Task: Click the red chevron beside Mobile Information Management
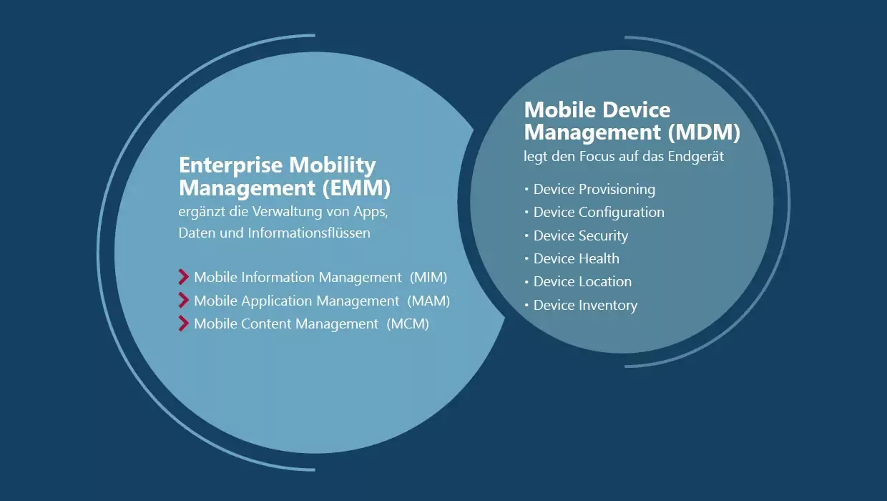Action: (184, 277)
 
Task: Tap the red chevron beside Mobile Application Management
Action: (184, 301)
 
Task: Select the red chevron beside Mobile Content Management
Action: (184, 324)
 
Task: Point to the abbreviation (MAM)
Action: (428, 301)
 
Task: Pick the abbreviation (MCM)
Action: (408, 324)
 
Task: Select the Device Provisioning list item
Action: (594, 189)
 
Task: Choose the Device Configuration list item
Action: (599, 212)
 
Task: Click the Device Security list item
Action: (580, 235)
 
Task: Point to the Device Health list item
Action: (576, 258)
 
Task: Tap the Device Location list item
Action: (582, 281)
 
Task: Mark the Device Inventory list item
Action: (585, 305)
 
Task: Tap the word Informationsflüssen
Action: (309, 233)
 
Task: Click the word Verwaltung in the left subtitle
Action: (278, 212)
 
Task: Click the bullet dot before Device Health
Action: (526, 258)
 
